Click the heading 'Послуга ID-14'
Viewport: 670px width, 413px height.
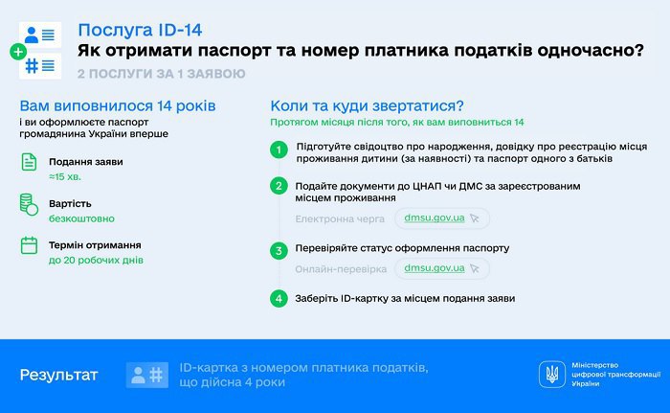click(x=153, y=30)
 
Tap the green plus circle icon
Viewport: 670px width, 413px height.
click(x=17, y=51)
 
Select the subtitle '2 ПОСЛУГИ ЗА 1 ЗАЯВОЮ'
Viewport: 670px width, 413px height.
click(x=161, y=74)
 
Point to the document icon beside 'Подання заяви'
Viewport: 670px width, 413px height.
click(x=30, y=162)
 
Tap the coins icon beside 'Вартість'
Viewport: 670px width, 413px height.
click(x=30, y=204)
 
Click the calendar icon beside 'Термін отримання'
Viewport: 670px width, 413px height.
click(x=30, y=246)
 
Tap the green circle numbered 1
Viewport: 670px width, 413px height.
click(x=279, y=149)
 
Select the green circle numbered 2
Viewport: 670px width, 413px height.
click(x=279, y=186)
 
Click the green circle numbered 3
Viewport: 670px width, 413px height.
click(x=279, y=250)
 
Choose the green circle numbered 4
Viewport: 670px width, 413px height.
click(x=279, y=299)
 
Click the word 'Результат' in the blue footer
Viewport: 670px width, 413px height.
click(x=59, y=375)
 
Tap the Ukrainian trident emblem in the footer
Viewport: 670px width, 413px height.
click(x=551, y=374)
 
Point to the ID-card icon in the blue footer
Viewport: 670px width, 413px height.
click(x=146, y=375)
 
